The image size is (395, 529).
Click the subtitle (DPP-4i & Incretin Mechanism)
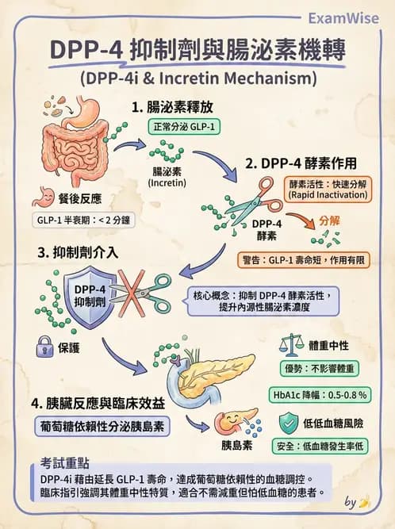pos(197,79)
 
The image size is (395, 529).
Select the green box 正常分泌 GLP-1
pos(185,127)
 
